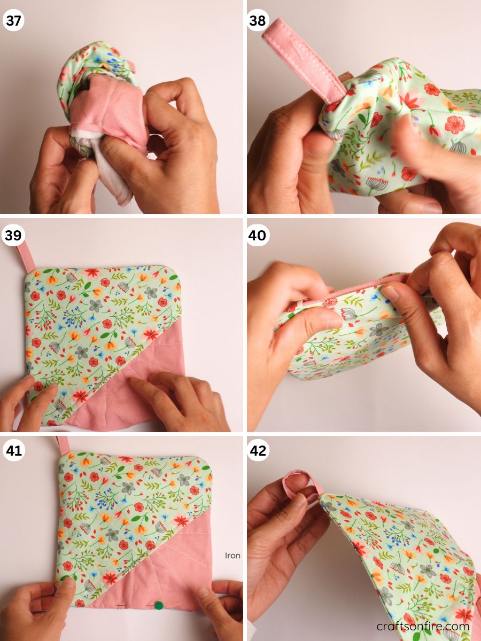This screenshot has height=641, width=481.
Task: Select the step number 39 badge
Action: pos(13,236)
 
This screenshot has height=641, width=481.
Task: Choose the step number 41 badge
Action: pos(13,450)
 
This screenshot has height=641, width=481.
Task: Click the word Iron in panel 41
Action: pos(232,556)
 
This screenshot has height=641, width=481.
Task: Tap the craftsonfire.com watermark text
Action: pos(423,626)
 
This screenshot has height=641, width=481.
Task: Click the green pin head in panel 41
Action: pos(159,605)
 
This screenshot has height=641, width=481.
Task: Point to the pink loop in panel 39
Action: pos(26,255)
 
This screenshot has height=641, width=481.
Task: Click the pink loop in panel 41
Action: pos(63,444)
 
